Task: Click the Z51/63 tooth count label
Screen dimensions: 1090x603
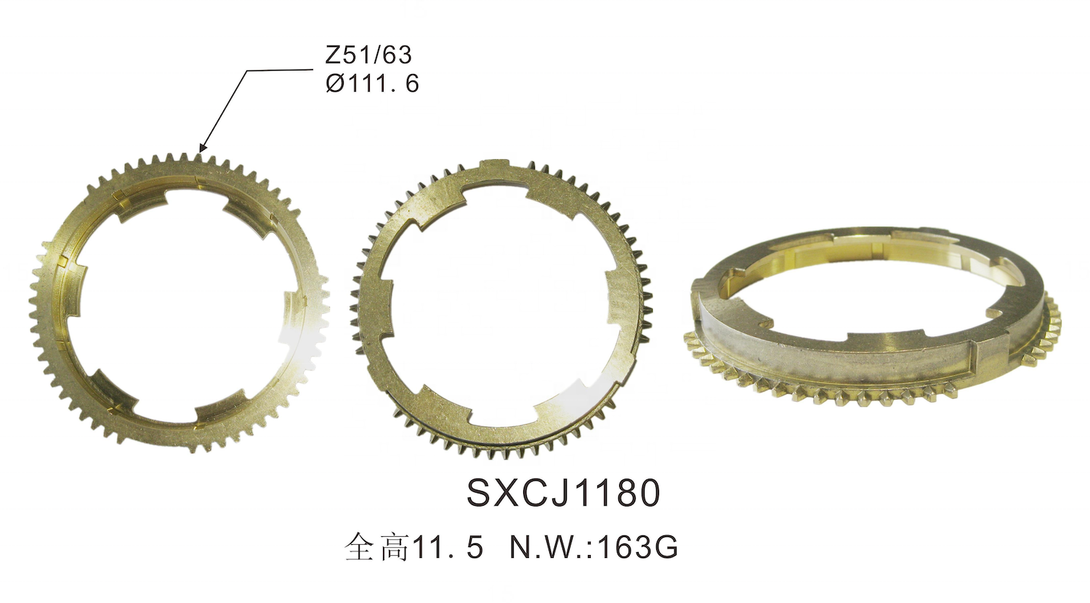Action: (x=368, y=55)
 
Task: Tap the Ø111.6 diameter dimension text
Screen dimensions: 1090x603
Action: (x=372, y=84)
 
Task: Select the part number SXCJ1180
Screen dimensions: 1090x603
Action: (x=563, y=493)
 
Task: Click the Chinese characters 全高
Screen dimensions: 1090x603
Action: (x=376, y=549)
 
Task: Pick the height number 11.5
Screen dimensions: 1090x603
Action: (x=448, y=548)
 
